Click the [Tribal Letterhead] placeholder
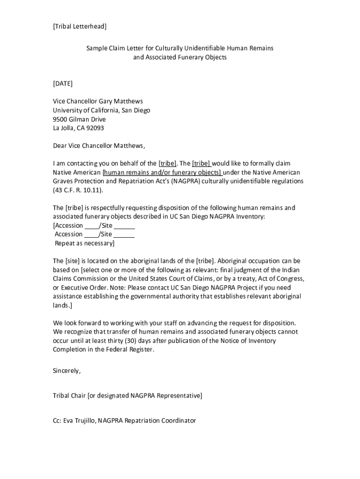click(79, 27)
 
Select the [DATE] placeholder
click(63, 84)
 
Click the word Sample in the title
click(96, 49)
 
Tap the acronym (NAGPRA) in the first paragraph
click(185, 181)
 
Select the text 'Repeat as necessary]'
click(85, 243)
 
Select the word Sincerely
click(67, 371)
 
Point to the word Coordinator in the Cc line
click(178, 421)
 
